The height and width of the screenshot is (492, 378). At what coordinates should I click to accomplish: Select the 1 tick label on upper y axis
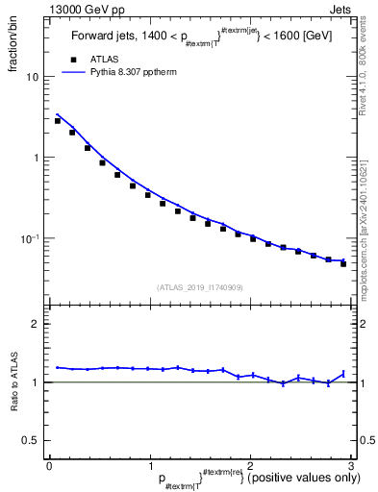click(36, 158)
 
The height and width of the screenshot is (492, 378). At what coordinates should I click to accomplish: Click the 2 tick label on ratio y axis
click(36, 325)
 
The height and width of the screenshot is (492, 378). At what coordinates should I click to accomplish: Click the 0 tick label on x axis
click(49, 465)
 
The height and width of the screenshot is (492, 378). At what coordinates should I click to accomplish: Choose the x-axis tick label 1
click(149, 465)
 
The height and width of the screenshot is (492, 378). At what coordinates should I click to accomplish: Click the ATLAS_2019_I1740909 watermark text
click(198, 286)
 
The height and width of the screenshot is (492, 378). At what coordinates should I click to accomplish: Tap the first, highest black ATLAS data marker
click(58, 121)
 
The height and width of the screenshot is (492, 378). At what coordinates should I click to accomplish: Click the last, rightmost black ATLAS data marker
click(343, 263)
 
